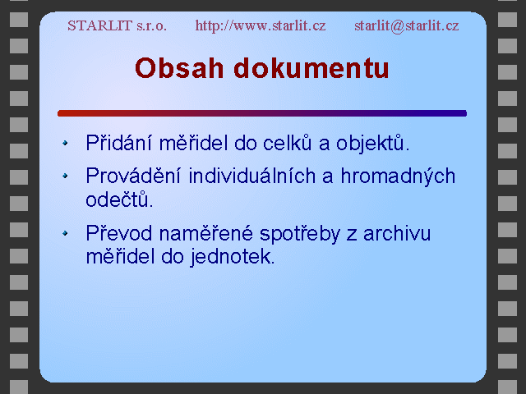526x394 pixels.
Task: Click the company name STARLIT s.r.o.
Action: pyautogui.click(x=117, y=25)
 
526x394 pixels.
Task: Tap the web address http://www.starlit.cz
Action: pyautogui.click(x=261, y=25)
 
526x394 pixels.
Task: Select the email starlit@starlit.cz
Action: pyautogui.click(x=407, y=25)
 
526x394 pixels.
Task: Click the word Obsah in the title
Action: pyautogui.click(x=179, y=68)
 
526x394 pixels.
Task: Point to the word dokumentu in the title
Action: pyautogui.click(x=311, y=68)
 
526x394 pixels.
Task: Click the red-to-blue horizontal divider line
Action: pyautogui.click(x=262, y=113)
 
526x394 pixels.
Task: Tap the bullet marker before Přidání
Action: pyautogui.click(x=65, y=143)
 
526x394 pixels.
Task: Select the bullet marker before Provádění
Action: pyautogui.click(x=65, y=176)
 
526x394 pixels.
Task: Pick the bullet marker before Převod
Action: pyautogui.click(x=65, y=233)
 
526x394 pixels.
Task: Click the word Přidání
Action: pyautogui.click(x=118, y=142)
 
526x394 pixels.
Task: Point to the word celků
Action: pyautogui.click(x=287, y=142)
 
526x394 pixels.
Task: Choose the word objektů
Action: pyautogui.click(x=372, y=143)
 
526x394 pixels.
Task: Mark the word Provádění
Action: pyautogui.click(x=133, y=176)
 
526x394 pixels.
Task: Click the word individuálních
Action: pyautogui.click(x=252, y=176)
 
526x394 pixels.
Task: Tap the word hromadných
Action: pyautogui.click(x=398, y=176)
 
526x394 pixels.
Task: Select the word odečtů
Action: pyautogui.click(x=119, y=199)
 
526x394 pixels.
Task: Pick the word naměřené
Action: pyautogui.click(x=205, y=233)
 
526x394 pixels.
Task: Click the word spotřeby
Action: pyautogui.click(x=300, y=234)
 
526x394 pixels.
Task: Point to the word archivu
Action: pyautogui.click(x=397, y=233)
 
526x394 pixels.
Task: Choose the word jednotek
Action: pyautogui.click(x=233, y=257)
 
